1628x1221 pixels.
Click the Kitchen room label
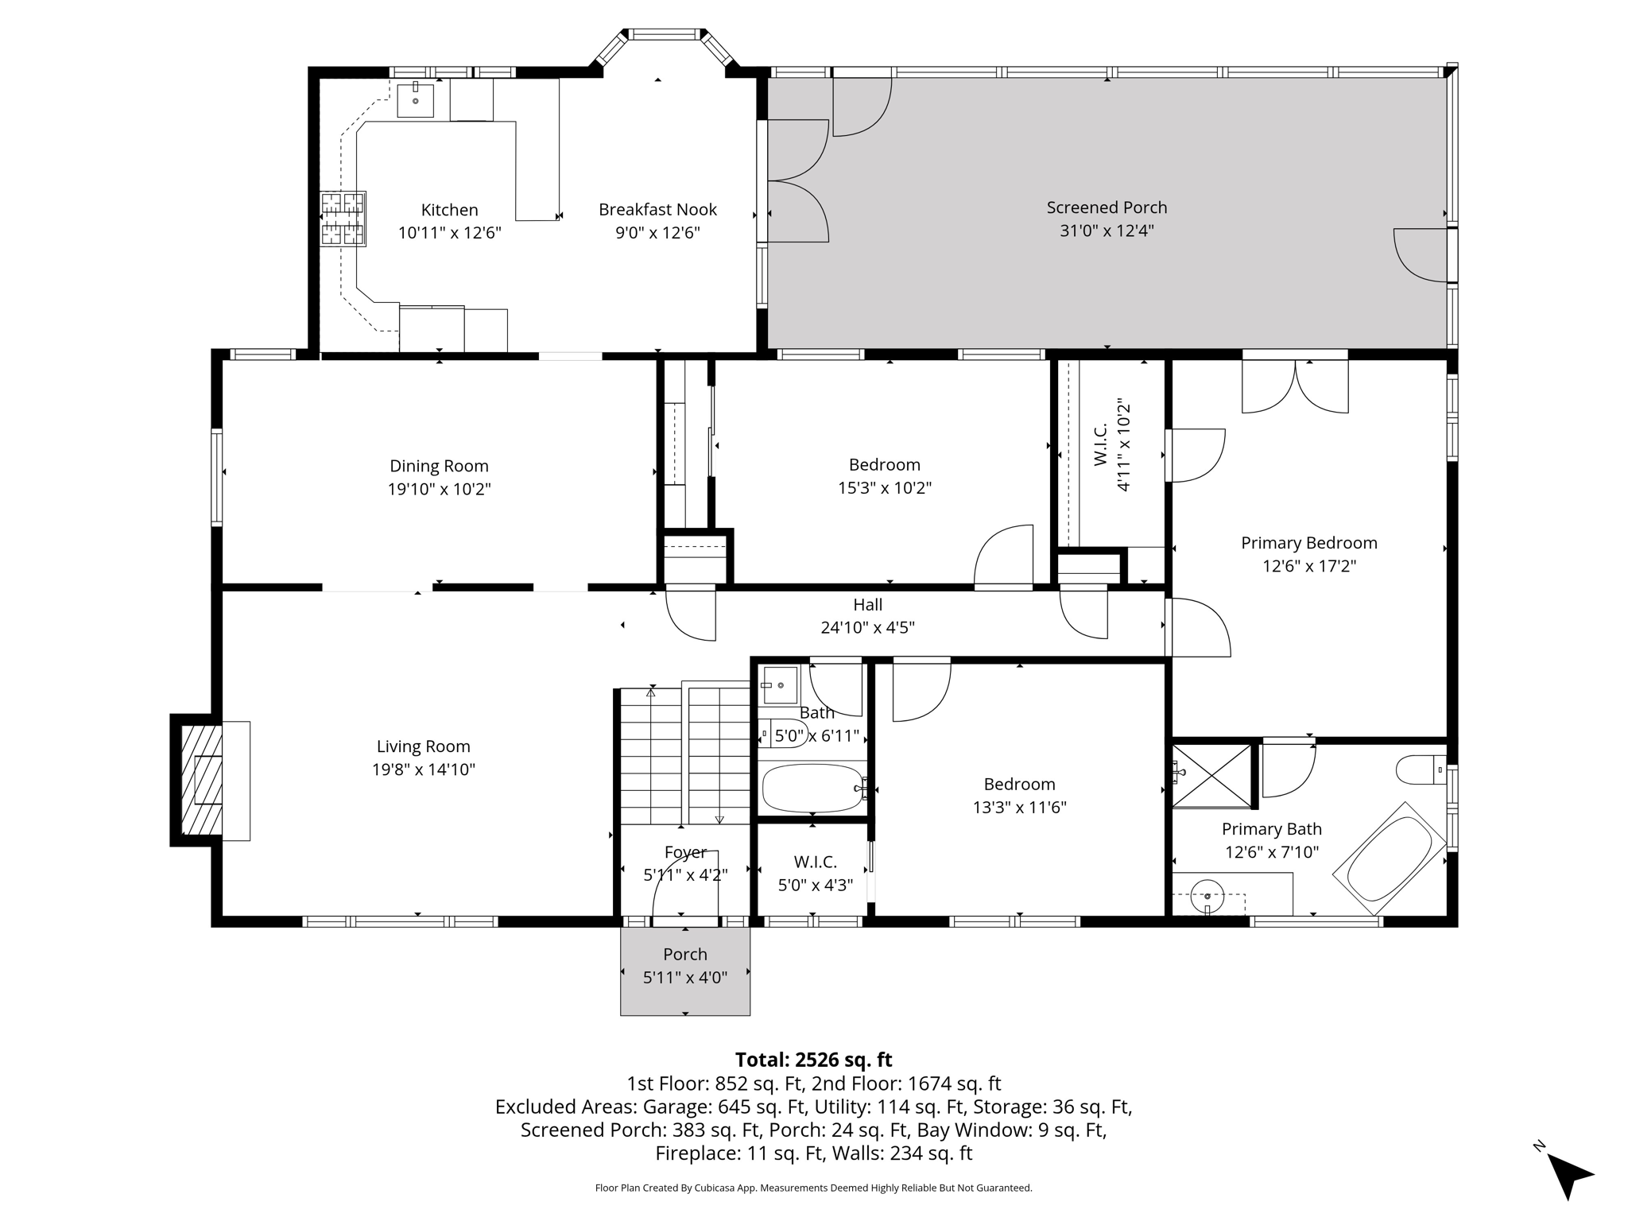(449, 210)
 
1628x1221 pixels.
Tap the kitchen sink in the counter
(415, 99)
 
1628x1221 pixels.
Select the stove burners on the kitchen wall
(343, 219)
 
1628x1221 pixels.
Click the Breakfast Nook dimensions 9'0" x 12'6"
(657, 233)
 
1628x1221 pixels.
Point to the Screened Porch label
(1107, 207)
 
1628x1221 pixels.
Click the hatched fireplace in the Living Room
(201, 780)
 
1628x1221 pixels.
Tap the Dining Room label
(439, 466)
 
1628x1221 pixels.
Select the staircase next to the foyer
(684, 755)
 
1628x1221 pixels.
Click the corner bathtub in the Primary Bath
(1389, 859)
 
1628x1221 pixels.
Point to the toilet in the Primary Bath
(1421, 769)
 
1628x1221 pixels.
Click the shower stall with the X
(1211, 774)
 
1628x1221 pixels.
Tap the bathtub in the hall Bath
(812, 788)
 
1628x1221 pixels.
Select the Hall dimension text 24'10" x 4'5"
(867, 627)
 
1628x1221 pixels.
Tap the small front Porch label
(684, 954)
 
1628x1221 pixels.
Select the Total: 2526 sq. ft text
(813, 1060)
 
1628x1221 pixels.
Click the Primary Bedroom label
(1308, 543)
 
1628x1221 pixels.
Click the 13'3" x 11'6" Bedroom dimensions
(1019, 808)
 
